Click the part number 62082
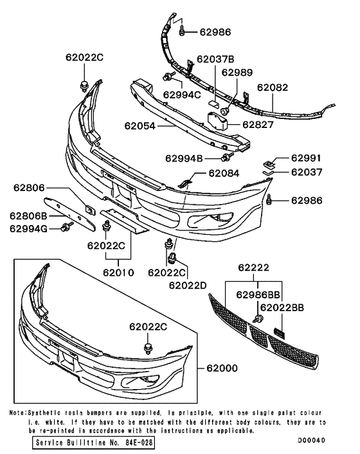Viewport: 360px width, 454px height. [273, 87]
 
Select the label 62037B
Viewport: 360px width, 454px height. [215, 59]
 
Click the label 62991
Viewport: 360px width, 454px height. [306, 158]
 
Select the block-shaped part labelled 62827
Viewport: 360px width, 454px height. [218, 121]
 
